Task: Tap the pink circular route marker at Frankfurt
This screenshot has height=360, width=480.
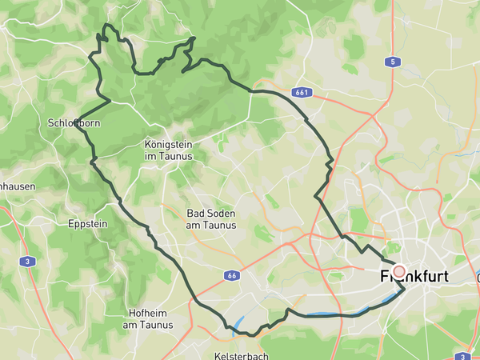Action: click(399, 272)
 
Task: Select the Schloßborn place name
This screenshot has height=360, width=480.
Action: click(73, 123)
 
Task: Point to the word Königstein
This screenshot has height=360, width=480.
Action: click(169, 144)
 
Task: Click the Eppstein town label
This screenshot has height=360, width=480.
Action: click(88, 223)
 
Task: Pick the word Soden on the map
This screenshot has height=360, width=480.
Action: click(216, 214)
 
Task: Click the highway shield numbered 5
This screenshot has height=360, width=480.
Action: click(392, 62)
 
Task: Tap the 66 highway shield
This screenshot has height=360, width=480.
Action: click(231, 275)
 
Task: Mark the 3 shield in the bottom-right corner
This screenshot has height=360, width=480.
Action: click(462, 355)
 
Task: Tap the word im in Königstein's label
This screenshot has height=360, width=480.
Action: click(149, 156)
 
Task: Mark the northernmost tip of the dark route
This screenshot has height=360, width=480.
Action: click(106, 26)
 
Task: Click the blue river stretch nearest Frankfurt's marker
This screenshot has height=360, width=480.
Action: click(391, 301)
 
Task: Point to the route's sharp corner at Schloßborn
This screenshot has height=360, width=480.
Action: click(77, 121)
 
